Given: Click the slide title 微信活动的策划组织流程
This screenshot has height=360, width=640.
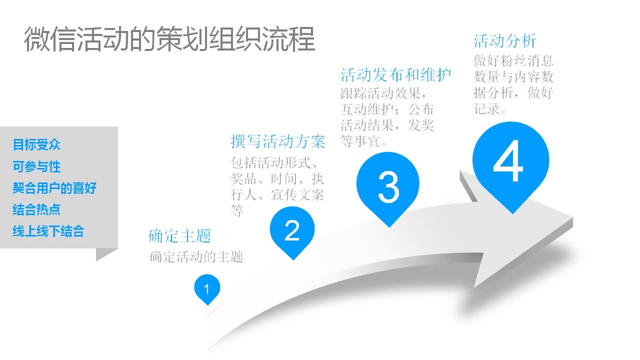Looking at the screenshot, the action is click(x=169, y=39).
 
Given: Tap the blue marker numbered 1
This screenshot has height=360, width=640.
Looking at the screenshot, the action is click(x=207, y=289).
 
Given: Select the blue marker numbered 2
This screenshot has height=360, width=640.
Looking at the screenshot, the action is click(x=292, y=232).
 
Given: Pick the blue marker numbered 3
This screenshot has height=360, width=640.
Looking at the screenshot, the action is click(x=388, y=188).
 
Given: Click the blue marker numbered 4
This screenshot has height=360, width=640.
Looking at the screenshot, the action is click(x=511, y=165).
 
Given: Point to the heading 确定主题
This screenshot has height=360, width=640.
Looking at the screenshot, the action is click(x=179, y=236).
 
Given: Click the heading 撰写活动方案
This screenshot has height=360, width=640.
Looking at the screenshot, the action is click(x=278, y=141).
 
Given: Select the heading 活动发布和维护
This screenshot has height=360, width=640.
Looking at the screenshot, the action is click(x=396, y=75).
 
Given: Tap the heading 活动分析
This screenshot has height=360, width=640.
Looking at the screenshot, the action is click(x=505, y=41).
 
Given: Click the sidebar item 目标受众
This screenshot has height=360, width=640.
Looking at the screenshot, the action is click(x=36, y=144).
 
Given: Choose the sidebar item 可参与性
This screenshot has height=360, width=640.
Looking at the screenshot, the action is click(x=36, y=166).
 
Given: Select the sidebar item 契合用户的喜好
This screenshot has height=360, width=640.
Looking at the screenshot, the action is click(x=54, y=188).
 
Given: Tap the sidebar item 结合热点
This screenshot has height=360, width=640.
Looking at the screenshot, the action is click(x=36, y=209).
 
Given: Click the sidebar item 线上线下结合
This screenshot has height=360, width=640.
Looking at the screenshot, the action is click(x=48, y=231).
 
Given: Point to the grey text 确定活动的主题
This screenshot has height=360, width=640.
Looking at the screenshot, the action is click(x=196, y=257).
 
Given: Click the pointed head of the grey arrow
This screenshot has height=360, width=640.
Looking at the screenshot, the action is click(x=572, y=219).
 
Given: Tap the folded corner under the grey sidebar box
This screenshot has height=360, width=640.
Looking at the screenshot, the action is click(x=105, y=254).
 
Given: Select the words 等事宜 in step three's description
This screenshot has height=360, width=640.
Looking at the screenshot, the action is click(x=360, y=141).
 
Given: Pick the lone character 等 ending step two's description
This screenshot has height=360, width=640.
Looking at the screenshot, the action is click(x=237, y=211).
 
